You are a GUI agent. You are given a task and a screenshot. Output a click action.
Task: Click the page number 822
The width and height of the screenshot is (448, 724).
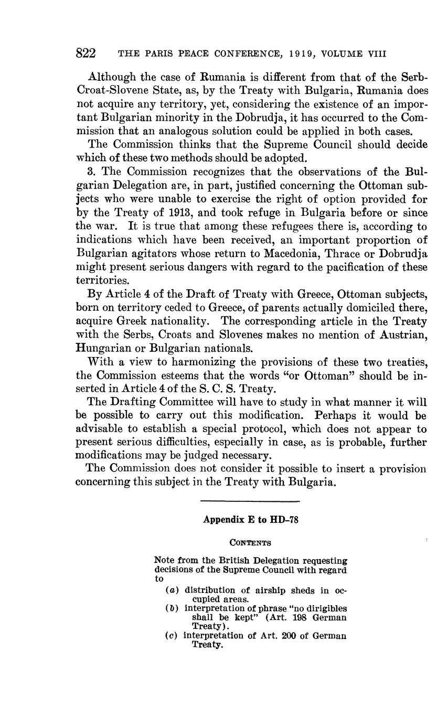click(86, 53)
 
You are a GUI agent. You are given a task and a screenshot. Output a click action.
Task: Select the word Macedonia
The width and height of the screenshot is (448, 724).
click(294, 254)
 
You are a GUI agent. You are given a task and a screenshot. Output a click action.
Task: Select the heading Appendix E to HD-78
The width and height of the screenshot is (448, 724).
click(251, 520)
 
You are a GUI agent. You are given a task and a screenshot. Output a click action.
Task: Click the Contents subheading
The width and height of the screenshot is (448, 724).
click(250, 542)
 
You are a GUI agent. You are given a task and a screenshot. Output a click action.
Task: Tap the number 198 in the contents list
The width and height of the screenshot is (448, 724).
click(297, 617)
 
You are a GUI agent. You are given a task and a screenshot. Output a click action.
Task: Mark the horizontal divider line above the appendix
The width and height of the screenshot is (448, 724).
click(250, 501)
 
